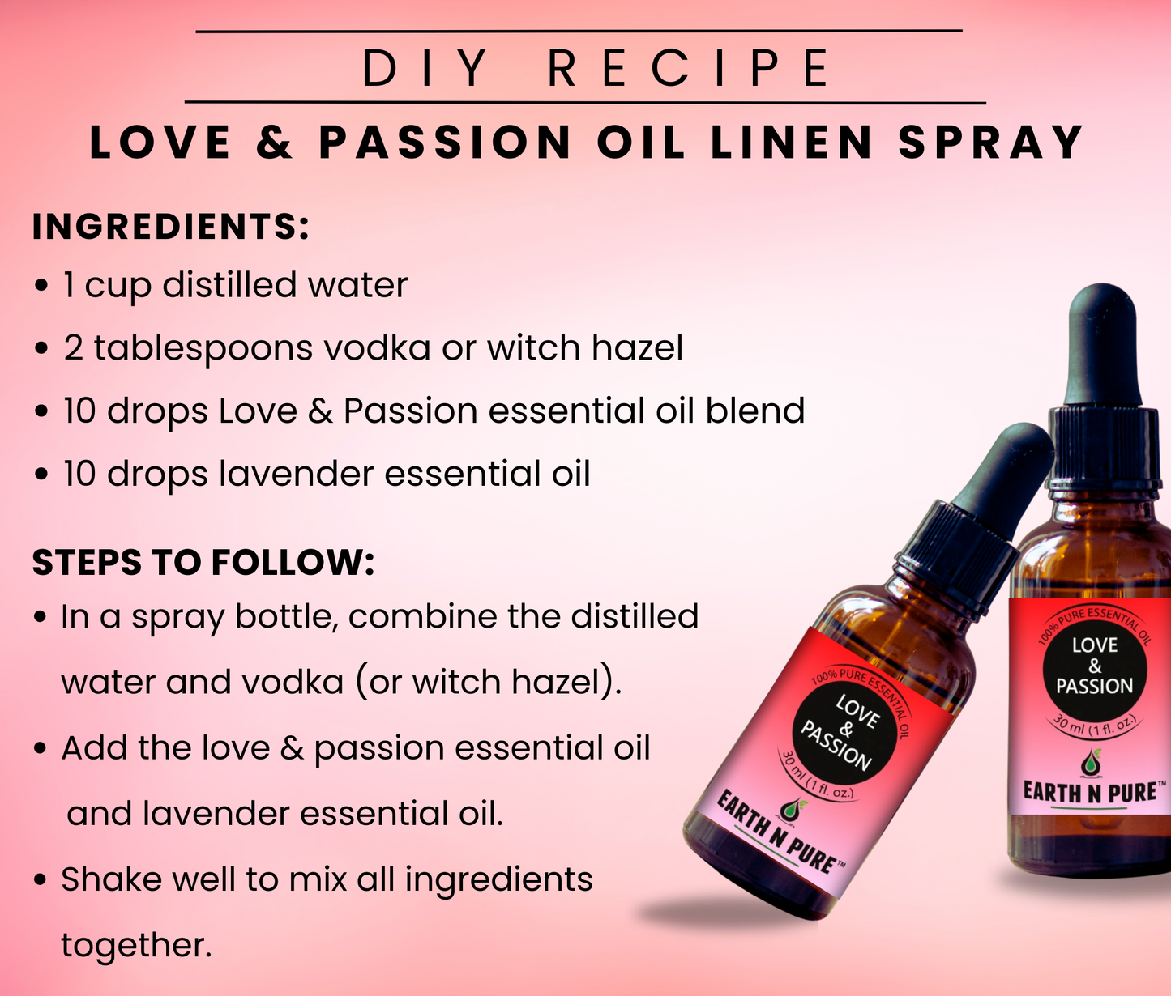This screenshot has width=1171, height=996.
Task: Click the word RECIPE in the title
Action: tap(689, 68)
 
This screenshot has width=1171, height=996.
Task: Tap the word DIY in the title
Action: tap(425, 68)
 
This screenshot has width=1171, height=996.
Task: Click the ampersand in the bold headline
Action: tap(274, 142)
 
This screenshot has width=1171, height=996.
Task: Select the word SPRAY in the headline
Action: tap(991, 142)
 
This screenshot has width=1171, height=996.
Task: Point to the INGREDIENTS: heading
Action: tap(171, 227)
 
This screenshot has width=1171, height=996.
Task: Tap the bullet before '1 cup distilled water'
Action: tap(41, 286)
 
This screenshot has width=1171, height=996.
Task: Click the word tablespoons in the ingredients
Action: tap(203, 349)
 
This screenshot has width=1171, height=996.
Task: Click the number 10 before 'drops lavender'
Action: tap(79, 474)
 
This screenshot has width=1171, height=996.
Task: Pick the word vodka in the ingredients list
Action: tap(377, 347)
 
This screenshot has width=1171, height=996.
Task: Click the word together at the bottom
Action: tap(136, 946)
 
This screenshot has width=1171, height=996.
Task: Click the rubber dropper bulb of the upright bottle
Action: tap(1103, 346)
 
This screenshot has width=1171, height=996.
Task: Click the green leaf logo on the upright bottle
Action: tap(1091, 763)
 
